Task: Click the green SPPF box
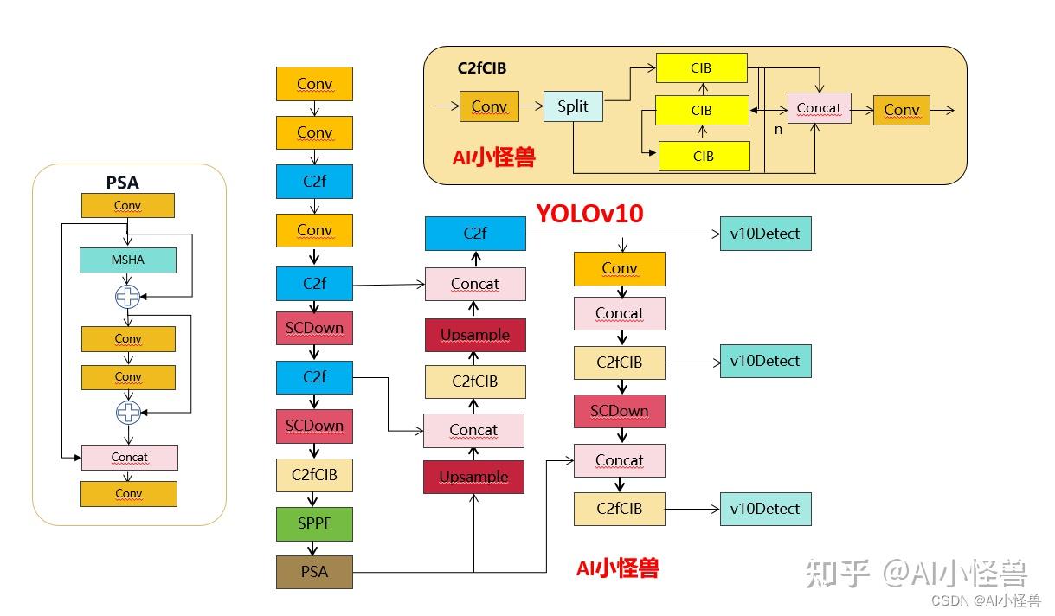pos(314,523)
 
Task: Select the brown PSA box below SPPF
pos(314,572)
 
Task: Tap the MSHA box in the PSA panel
pos(128,260)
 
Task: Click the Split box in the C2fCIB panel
pos(572,106)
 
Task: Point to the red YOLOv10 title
pos(589,213)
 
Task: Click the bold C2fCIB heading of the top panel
pos(482,67)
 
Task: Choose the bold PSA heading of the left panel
pos(122,183)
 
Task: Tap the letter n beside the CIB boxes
pos(778,129)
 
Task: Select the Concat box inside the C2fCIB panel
pos(819,109)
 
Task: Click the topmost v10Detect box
pos(765,234)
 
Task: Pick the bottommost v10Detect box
pos(765,509)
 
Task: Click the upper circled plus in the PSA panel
pos(128,298)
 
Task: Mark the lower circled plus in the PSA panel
pos(128,413)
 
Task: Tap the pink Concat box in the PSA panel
pos(129,458)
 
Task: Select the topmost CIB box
pos(702,67)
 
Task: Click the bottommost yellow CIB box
pos(704,157)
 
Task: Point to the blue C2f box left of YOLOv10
pos(474,234)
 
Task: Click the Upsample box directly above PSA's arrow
pos(473,478)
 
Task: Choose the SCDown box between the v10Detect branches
pos(619,411)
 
